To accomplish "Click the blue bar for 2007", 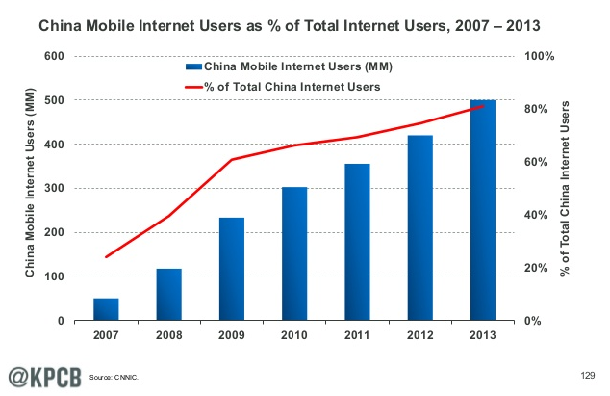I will (x=106, y=309).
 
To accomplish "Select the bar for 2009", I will (x=232, y=269).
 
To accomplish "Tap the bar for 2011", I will (x=357, y=242).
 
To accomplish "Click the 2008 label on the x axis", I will (x=168, y=335).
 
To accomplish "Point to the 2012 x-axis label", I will (x=419, y=335).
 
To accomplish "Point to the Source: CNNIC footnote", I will (x=114, y=377).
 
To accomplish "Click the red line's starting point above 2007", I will (x=106, y=256).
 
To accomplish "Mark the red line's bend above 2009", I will (x=232, y=159).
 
